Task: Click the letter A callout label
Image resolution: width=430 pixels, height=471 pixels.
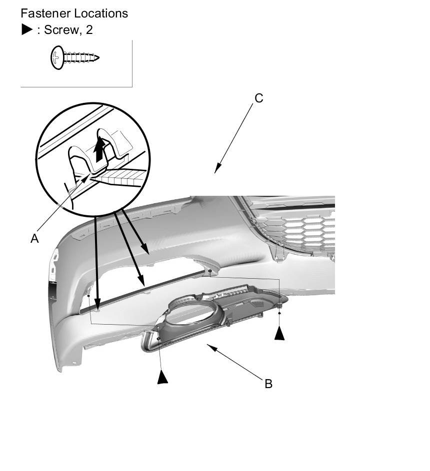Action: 34,239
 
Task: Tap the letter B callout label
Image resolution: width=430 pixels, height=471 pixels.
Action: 268,384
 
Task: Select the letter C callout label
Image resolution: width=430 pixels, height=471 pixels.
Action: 258,98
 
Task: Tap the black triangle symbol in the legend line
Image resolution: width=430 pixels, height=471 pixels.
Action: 27,29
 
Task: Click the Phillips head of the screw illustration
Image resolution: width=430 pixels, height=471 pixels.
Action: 56,58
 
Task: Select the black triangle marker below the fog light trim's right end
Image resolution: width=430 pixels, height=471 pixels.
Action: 279,333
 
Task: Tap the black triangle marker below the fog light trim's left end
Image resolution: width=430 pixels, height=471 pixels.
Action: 162,377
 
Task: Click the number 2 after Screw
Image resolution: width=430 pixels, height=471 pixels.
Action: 89,29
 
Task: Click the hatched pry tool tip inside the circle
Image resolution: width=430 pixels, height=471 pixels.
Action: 120,176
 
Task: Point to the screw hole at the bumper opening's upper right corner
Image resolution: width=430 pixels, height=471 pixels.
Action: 210,272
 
